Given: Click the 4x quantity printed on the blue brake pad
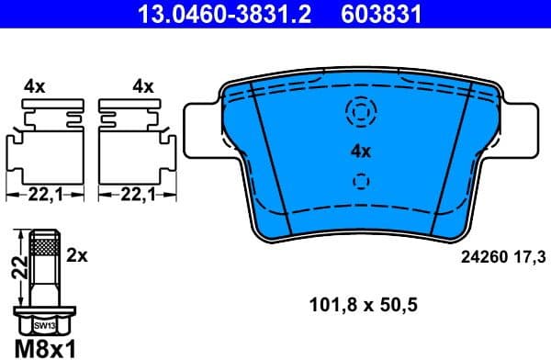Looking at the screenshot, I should pyautogui.click(x=359, y=151).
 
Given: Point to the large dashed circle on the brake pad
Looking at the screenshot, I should pyautogui.click(x=360, y=112).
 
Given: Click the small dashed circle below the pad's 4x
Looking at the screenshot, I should pyautogui.click(x=360, y=181).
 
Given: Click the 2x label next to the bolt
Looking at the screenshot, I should pyautogui.click(x=78, y=257).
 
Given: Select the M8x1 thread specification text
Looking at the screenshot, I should pyautogui.click(x=43, y=347).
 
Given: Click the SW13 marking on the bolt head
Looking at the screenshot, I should pyautogui.click(x=43, y=325).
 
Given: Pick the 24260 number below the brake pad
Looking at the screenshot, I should pyautogui.click(x=477, y=259).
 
